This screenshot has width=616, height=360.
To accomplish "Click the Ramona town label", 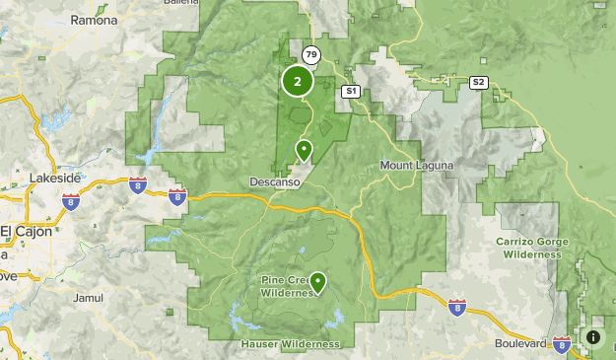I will (94, 20).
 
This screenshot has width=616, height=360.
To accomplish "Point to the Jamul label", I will (87, 297).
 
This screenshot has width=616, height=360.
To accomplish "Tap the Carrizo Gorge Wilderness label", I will (533, 247).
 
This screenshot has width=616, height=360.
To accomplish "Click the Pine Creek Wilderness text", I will (287, 285).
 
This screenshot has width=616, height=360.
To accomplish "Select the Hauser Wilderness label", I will (290, 344).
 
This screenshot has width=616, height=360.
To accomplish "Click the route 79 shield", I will (311, 54).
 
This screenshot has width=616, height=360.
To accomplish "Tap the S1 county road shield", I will (349, 91).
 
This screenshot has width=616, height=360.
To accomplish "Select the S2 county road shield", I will (479, 82).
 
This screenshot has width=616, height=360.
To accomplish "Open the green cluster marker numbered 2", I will (297, 82).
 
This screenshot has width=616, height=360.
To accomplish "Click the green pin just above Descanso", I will (304, 150).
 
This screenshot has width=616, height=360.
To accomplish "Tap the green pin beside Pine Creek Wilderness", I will (317, 282).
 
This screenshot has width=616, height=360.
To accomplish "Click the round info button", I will (593, 337).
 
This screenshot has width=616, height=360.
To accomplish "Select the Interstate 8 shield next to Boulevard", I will (562, 344).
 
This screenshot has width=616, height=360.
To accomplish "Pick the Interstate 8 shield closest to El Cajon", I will (71, 201).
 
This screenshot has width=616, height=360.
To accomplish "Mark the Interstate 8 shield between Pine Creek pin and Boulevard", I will (457, 308).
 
